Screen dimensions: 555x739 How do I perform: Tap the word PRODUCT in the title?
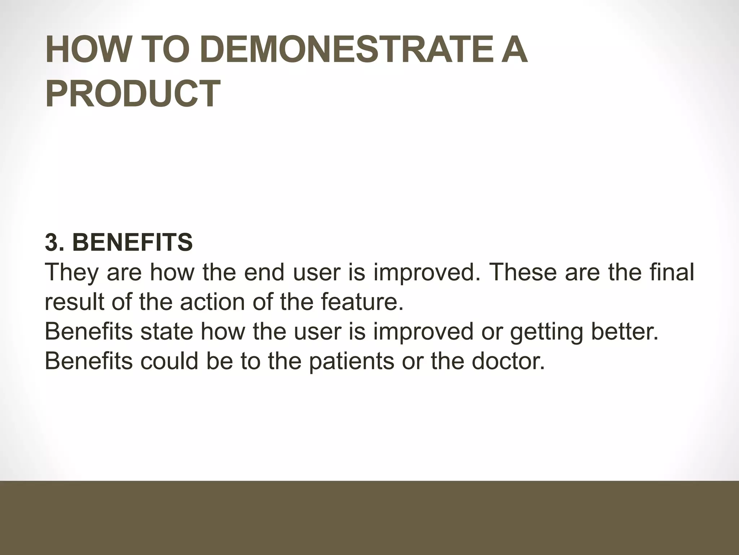click(133, 94)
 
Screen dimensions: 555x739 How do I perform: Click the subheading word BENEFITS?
click(132, 242)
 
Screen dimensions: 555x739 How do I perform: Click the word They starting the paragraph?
click(71, 272)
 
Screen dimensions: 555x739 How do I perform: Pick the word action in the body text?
click(212, 302)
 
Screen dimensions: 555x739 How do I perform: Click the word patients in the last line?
click(351, 362)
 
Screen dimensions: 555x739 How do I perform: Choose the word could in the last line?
click(169, 361)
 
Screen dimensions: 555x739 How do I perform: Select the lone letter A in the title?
click(512, 52)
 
